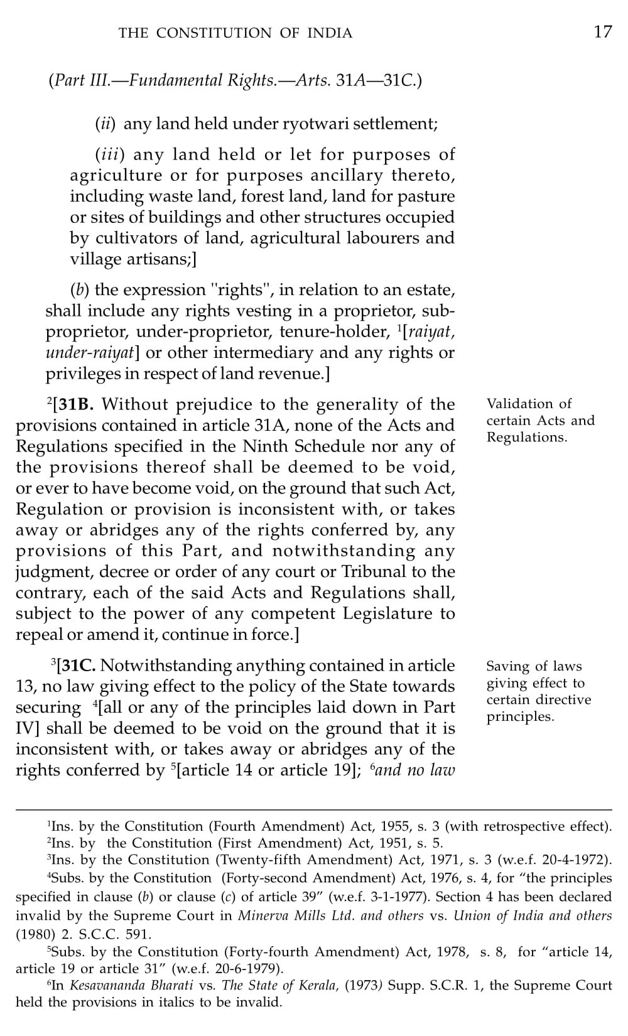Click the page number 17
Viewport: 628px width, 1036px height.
click(602, 32)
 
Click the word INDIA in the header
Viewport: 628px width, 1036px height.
click(330, 33)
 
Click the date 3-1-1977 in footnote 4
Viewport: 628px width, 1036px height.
click(403, 897)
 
